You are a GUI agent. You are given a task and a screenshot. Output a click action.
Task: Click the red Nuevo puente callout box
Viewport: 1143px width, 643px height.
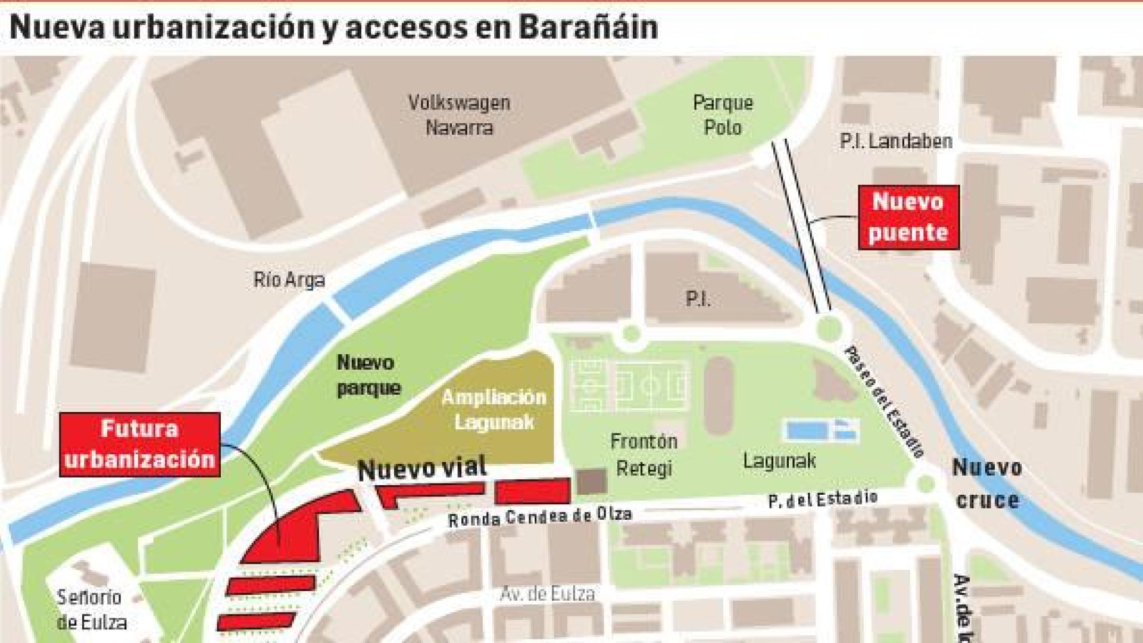[908, 217]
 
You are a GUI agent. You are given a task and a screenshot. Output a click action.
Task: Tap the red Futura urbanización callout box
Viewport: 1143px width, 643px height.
[140, 444]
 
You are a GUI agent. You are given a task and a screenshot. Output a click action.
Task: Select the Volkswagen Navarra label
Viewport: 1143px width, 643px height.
[459, 115]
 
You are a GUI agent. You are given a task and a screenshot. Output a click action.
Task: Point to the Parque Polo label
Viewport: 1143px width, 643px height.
[723, 115]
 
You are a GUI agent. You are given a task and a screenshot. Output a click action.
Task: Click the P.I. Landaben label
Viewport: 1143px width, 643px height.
[895, 141]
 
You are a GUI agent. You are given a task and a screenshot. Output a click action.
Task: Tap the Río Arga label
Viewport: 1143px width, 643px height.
[289, 279]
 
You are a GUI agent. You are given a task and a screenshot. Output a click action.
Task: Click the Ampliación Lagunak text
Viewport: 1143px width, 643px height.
[494, 410]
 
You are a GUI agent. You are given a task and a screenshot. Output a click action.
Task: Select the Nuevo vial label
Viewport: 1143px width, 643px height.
[422, 469]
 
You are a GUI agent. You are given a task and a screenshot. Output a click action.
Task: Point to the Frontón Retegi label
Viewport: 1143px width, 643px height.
[644, 454]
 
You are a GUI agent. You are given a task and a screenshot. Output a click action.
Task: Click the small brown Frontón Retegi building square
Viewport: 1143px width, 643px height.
[592, 482]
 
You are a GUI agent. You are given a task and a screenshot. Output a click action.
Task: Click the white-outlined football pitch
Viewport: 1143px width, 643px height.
[629, 386]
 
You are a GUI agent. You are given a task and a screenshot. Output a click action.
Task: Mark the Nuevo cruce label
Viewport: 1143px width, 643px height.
[986, 483]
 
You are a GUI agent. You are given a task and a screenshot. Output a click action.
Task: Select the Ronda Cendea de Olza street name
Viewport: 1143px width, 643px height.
[539, 516]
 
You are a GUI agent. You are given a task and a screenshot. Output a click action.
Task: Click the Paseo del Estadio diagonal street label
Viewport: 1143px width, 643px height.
[884, 402]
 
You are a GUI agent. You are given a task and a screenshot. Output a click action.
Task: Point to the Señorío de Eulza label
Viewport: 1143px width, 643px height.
[91, 610]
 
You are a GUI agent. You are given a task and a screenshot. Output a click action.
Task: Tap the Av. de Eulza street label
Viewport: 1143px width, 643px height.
[547, 594]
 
